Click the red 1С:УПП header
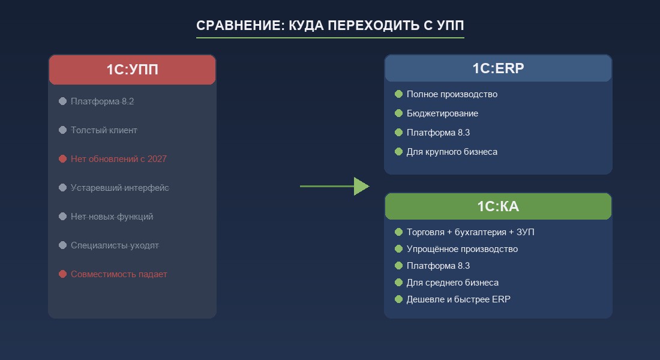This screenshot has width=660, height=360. (132, 70)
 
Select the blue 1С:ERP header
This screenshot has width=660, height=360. (498, 68)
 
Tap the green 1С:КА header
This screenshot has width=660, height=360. (498, 206)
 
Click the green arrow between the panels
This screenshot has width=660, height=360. (334, 187)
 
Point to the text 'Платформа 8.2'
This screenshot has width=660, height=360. (102, 101)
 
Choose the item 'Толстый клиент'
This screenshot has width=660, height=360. (104, 130)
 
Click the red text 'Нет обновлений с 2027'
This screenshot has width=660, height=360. (118, 159)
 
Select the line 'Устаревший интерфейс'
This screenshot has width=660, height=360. (119, 188)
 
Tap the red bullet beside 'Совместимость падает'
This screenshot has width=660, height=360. (62, 274)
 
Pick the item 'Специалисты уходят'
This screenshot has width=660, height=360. (115, 245)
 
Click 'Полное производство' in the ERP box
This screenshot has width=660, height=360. (452, 94)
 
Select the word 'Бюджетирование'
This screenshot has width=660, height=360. (442, 113)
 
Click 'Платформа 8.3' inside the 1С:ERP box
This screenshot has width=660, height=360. (438, 133)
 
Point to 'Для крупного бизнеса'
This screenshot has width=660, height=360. (452, 152)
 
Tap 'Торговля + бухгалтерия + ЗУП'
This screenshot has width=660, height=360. (470, 232)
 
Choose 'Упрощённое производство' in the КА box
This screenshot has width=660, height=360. (462, 249)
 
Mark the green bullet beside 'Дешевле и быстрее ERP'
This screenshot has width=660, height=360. (398, 299)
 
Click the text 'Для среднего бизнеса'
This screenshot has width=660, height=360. (452, 283)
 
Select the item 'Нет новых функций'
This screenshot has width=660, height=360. (112, 217)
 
